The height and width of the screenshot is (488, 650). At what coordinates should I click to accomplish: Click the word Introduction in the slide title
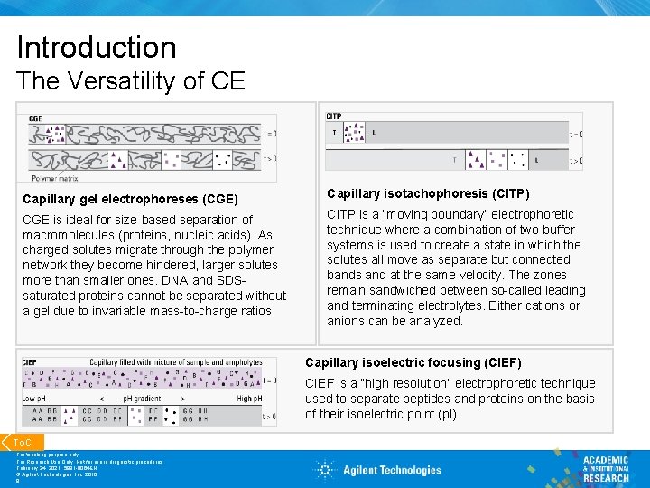point(96,47)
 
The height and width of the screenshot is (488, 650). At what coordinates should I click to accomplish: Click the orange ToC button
point(22,442)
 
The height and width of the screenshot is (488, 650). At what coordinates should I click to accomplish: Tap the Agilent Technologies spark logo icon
point(326,469)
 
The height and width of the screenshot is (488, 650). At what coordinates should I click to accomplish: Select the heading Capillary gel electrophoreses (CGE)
point(130,199)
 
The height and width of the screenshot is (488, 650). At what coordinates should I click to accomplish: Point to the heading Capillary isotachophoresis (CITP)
point(428,193)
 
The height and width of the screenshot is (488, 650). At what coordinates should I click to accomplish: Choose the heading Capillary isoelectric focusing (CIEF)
point(413,362)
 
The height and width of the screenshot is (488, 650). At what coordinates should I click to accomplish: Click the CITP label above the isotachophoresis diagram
point(334,117)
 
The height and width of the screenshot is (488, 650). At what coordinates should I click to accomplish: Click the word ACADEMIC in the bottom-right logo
point(606,460)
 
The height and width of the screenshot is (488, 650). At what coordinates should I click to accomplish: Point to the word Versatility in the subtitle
point(126,81)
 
